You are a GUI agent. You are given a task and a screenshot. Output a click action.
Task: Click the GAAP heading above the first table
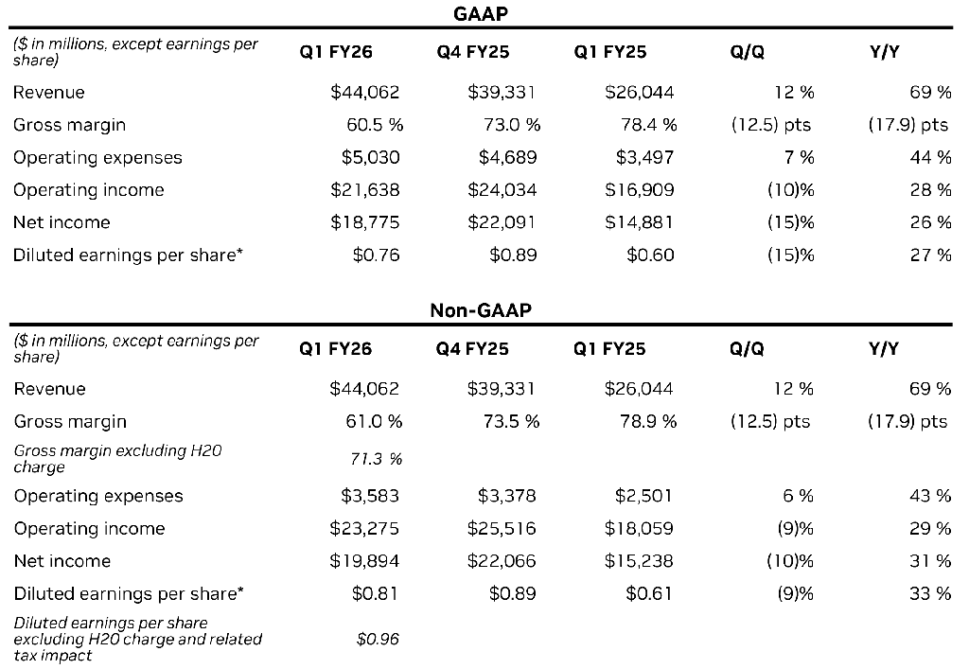point(480,13)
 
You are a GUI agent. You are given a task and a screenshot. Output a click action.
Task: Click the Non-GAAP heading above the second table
point(480,309)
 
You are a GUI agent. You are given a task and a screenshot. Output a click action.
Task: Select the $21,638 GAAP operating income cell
point(364,189)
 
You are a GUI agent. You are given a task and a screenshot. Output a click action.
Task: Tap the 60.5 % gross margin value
point(375,125)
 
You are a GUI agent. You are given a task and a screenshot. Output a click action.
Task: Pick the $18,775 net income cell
point(364,222)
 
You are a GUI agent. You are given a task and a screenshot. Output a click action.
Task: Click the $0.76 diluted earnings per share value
point(376,255)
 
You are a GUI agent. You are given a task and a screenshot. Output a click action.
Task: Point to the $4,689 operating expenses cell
point(507,157)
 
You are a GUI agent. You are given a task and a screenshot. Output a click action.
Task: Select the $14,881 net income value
point(639,222)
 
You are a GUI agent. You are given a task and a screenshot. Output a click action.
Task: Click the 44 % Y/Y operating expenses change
point(930,157)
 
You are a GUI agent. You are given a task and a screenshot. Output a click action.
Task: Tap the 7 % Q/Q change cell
point(799,157)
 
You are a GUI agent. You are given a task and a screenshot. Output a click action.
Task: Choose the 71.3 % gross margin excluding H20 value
point(376,459)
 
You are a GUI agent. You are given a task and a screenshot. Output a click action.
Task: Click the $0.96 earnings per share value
point(378,639)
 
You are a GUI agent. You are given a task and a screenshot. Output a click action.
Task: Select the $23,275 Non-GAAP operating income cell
point(364,528)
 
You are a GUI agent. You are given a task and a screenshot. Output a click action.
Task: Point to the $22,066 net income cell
point(502,561)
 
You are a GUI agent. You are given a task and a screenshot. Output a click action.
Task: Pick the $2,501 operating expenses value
point(643,496)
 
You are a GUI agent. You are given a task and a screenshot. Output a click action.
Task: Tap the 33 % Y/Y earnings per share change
point(930,593)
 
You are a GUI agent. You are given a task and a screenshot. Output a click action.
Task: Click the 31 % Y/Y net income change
point(930,561)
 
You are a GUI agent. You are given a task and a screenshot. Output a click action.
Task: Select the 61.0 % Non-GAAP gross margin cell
point(374,421)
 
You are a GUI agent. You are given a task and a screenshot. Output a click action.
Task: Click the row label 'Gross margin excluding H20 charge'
point(117,459)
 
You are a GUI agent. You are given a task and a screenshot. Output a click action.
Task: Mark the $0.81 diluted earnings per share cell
point(375,593)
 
